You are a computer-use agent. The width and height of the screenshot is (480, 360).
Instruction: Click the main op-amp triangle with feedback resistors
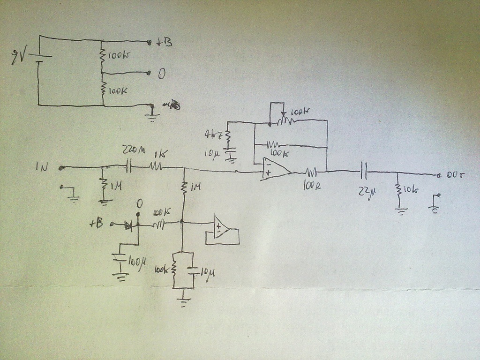pyautogui.click(x=274, y=168)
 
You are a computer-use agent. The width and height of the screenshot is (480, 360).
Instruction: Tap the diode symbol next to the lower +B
pyautogui.click(x=128, y=225)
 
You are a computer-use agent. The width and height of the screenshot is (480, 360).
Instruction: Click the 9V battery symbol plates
pyautogui.click(x=39, y=57)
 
